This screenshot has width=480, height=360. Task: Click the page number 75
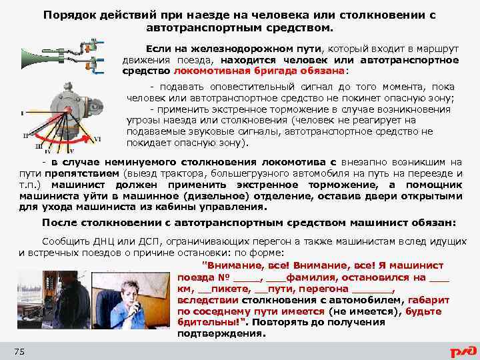coord(19,351)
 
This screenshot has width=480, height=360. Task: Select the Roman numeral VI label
coord(97,139)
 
